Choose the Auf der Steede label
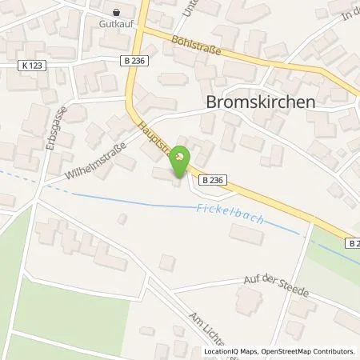click(x=277, y=285)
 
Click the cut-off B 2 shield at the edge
click(x=353, y=241)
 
